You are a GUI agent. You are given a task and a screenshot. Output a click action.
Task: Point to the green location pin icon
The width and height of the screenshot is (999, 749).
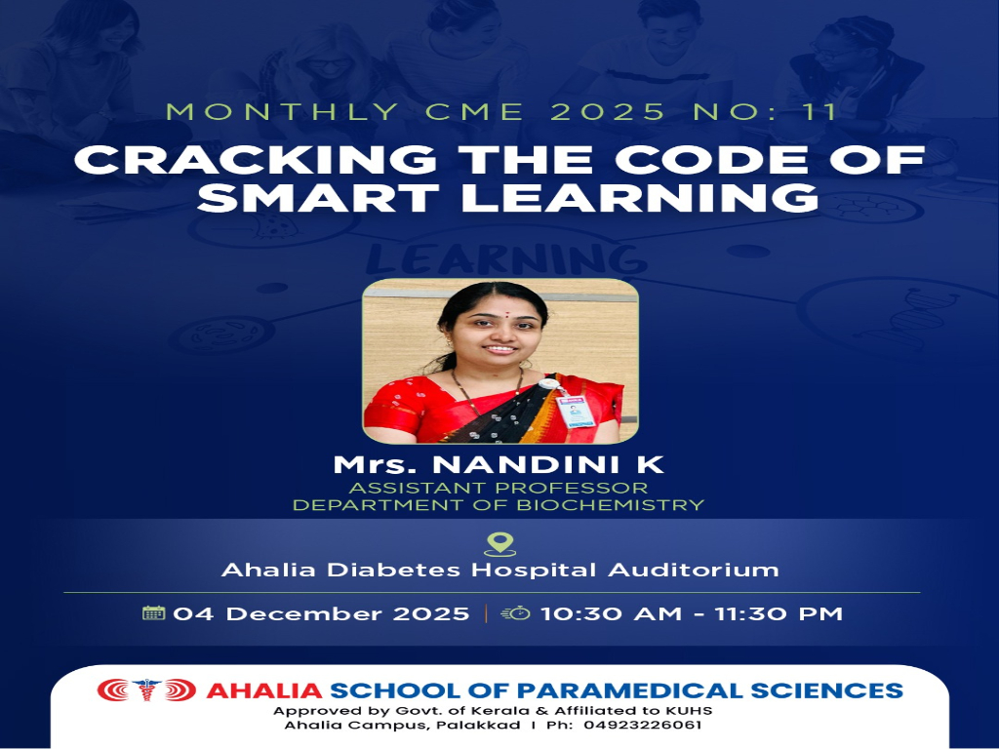[500, 544]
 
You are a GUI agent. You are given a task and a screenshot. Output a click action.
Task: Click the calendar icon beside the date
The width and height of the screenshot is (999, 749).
[153, 612]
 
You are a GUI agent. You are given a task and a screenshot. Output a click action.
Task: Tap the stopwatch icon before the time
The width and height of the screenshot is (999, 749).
[516, 612]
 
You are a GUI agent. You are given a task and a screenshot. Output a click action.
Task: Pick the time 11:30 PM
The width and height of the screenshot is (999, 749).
[779, 614]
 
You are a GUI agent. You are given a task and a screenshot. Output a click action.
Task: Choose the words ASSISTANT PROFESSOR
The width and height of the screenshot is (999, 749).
[499, 488]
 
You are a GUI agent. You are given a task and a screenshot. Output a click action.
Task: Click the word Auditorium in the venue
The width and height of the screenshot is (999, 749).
[694, 570]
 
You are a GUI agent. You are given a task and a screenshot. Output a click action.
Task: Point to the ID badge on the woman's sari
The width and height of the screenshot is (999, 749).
[576, 411]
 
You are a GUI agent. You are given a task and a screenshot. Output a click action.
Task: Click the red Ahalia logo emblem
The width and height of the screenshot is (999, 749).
[146, 690]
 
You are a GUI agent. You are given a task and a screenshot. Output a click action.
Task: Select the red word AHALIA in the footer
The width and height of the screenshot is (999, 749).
[263, 690]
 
